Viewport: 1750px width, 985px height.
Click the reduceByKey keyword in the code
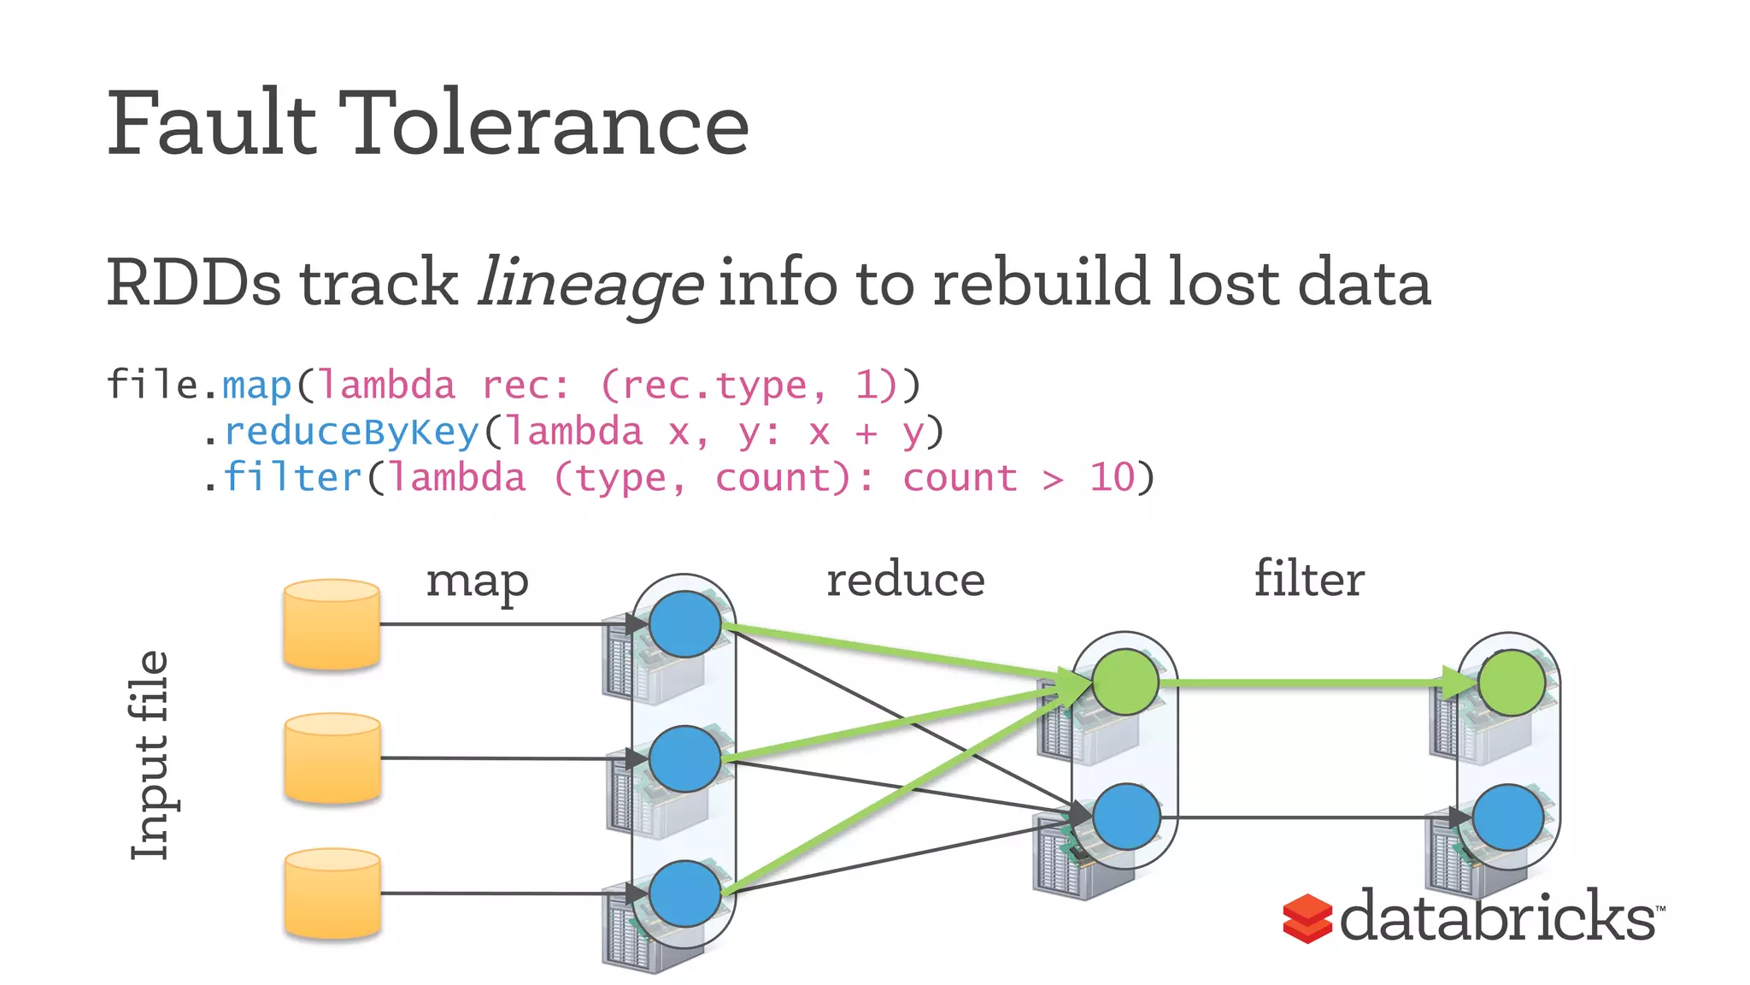coord(351,432)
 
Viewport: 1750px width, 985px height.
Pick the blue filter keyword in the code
coord(292,478)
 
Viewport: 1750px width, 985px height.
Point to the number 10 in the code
coord(1112,478)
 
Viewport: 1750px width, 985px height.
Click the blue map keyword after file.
coord(257,386)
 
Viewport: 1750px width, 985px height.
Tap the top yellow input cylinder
coord(332,624)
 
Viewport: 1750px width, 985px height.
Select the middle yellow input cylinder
coord(332,758)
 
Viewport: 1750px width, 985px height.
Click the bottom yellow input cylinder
coord(332,894)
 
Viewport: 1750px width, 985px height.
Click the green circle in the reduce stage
coord(1125,682)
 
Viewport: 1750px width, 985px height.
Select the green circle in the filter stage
coord(1511,682)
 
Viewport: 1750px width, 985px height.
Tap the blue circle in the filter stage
coord(1508,817)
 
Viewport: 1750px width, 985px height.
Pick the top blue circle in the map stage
coord(684,624)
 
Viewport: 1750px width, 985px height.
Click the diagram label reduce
coord(906,581)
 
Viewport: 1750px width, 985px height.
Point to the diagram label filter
coord(1308,579)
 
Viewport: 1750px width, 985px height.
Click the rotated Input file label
coord(150,756)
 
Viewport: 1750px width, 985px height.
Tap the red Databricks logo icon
coord(1307,918)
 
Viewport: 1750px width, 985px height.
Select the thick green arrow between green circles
coord(1307,683)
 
